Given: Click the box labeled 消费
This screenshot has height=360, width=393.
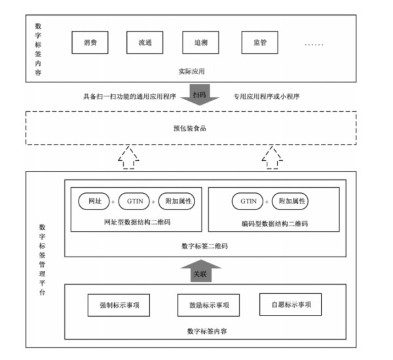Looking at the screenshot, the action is (90, 43).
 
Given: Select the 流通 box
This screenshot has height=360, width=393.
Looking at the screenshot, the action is (145, 43).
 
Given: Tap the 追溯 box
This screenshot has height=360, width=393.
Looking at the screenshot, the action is (201, 43).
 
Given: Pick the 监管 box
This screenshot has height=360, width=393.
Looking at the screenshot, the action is (260, 43).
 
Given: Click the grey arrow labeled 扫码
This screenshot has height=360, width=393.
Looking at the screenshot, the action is (200, 95).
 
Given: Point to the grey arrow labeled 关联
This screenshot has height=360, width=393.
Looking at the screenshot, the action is (201, 271).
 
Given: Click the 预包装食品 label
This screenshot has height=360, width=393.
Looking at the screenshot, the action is (190, 128).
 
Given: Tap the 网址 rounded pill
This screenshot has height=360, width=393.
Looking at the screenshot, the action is (94, 201).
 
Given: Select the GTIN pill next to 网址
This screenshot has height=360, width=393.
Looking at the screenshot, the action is (134, 201).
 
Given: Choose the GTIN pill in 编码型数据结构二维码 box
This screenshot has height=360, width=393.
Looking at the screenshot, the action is (248, 201).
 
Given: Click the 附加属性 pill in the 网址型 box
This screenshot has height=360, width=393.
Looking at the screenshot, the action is (177, 201).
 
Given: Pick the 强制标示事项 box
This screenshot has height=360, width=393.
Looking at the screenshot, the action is (119, 305).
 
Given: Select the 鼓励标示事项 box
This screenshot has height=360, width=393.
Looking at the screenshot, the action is (208, 305).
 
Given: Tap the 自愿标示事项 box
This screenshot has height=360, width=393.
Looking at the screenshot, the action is (290, 304).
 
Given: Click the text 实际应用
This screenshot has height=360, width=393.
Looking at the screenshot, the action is (191, 71).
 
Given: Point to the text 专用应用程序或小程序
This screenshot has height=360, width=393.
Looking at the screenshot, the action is (267, 96).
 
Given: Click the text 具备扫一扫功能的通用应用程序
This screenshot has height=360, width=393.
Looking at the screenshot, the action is (130, 96).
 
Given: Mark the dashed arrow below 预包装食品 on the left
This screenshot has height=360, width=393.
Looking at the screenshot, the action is (128, 158).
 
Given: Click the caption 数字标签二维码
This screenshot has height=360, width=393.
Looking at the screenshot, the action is (205, 246).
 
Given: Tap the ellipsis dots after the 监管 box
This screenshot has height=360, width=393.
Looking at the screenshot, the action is (314, 45).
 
